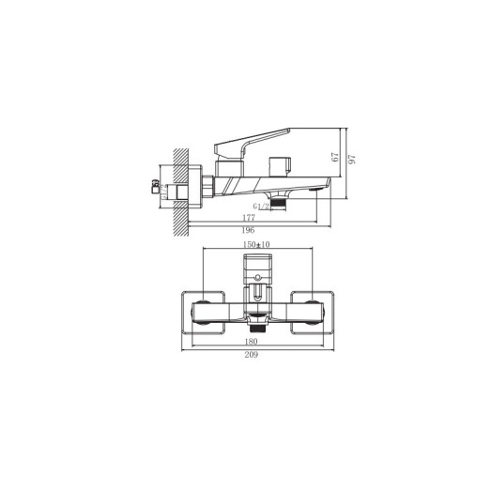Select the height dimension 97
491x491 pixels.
[x=353, y=161]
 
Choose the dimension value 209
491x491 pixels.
[x=253, y=354]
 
